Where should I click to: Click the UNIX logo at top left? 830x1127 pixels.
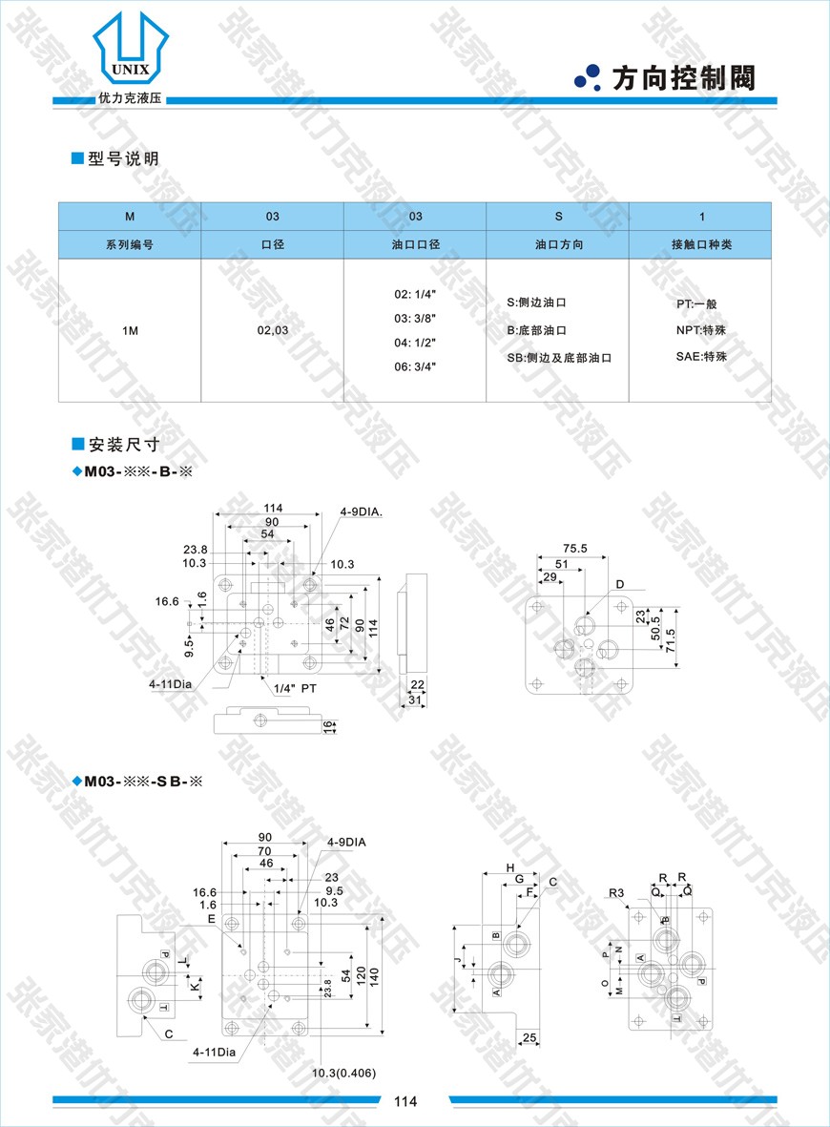pos(131,52)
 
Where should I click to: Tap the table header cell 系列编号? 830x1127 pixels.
pos(130,244)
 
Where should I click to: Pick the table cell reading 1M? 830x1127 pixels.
pos(130,330)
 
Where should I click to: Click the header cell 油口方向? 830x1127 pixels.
pos(558,244)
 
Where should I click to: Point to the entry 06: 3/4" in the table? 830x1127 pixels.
pos(415,366)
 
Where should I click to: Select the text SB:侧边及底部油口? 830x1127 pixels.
pos(558,358)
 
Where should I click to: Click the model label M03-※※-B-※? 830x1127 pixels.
pos(139,471)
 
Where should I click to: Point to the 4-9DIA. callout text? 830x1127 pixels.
pos(362,512)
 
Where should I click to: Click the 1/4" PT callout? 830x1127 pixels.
pos(295,688)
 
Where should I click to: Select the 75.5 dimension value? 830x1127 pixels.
pos(574,549)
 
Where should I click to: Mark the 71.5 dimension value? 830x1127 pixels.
pos(671,635)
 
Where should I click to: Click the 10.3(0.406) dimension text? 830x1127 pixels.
pos(344,1074)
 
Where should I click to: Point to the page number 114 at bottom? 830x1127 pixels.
pos(405,1102)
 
